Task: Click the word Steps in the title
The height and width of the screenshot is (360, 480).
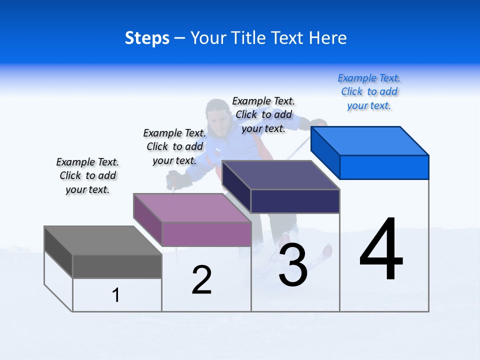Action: click(x=147, y=38)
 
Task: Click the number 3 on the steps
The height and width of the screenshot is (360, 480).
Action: click(x=293, y=264)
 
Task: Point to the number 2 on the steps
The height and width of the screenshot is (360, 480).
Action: click(x=201, y=279)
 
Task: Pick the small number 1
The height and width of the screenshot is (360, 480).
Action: click(x=116, y=295)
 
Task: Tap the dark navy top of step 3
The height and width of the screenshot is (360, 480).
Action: click(x=280, y=175)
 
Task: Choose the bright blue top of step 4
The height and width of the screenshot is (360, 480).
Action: click(x=369, y=141)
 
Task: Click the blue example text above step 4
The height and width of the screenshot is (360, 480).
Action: click(x=369, y=92)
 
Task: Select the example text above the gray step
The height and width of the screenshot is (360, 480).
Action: click(x=87, y=175)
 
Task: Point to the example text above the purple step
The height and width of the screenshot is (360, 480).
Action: click(x=174, y=146)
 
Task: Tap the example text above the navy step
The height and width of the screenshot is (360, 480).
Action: click(x=263, y=114)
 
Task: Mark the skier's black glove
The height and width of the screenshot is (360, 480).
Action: click(x=179, y=179)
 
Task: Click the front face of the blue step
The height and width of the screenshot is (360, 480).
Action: click(x=384, y=167)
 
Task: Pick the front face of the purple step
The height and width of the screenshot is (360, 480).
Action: click(x=206, y=234)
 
